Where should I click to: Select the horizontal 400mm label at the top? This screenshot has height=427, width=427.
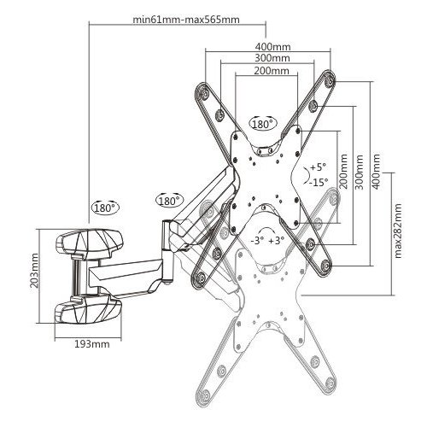[272, 48]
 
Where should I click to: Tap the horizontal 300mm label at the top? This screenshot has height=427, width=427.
[272, 58]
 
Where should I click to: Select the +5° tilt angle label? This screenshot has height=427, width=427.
[318, 167]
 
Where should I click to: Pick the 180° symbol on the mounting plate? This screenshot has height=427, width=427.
[261, 124]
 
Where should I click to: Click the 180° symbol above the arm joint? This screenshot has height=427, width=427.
[169, 202]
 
